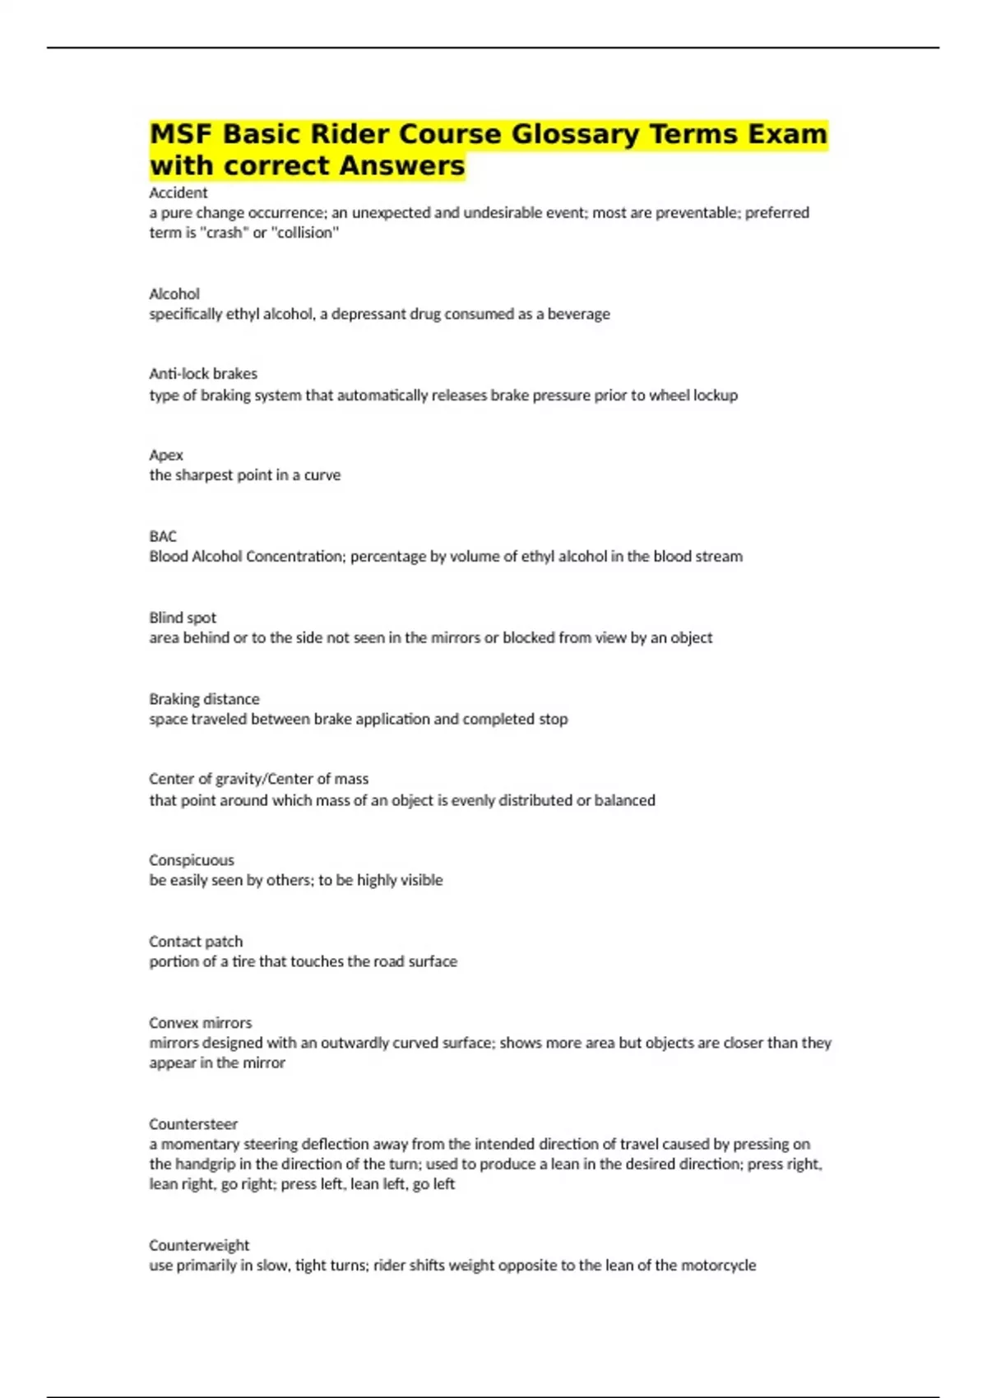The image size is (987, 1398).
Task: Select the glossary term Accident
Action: coord(178,192)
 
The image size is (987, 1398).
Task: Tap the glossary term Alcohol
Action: coord(174,294)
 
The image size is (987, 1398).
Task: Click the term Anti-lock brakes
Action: coord(203,373)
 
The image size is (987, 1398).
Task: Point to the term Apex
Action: coord(166,455)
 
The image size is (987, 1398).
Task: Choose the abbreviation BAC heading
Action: coord(163,536)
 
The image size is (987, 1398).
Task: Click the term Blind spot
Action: coord(183,618)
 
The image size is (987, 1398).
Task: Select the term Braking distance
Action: coord(204,699)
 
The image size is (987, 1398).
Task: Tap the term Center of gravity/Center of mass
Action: coord(258,779)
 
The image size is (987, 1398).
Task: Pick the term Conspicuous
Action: coord(192,860)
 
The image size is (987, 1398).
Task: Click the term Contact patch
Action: coord(196,942)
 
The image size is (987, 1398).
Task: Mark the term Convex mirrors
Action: coord(201,1023)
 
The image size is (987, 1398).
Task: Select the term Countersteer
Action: coord(193,1124)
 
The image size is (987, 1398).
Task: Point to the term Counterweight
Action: coord(199,1245)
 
